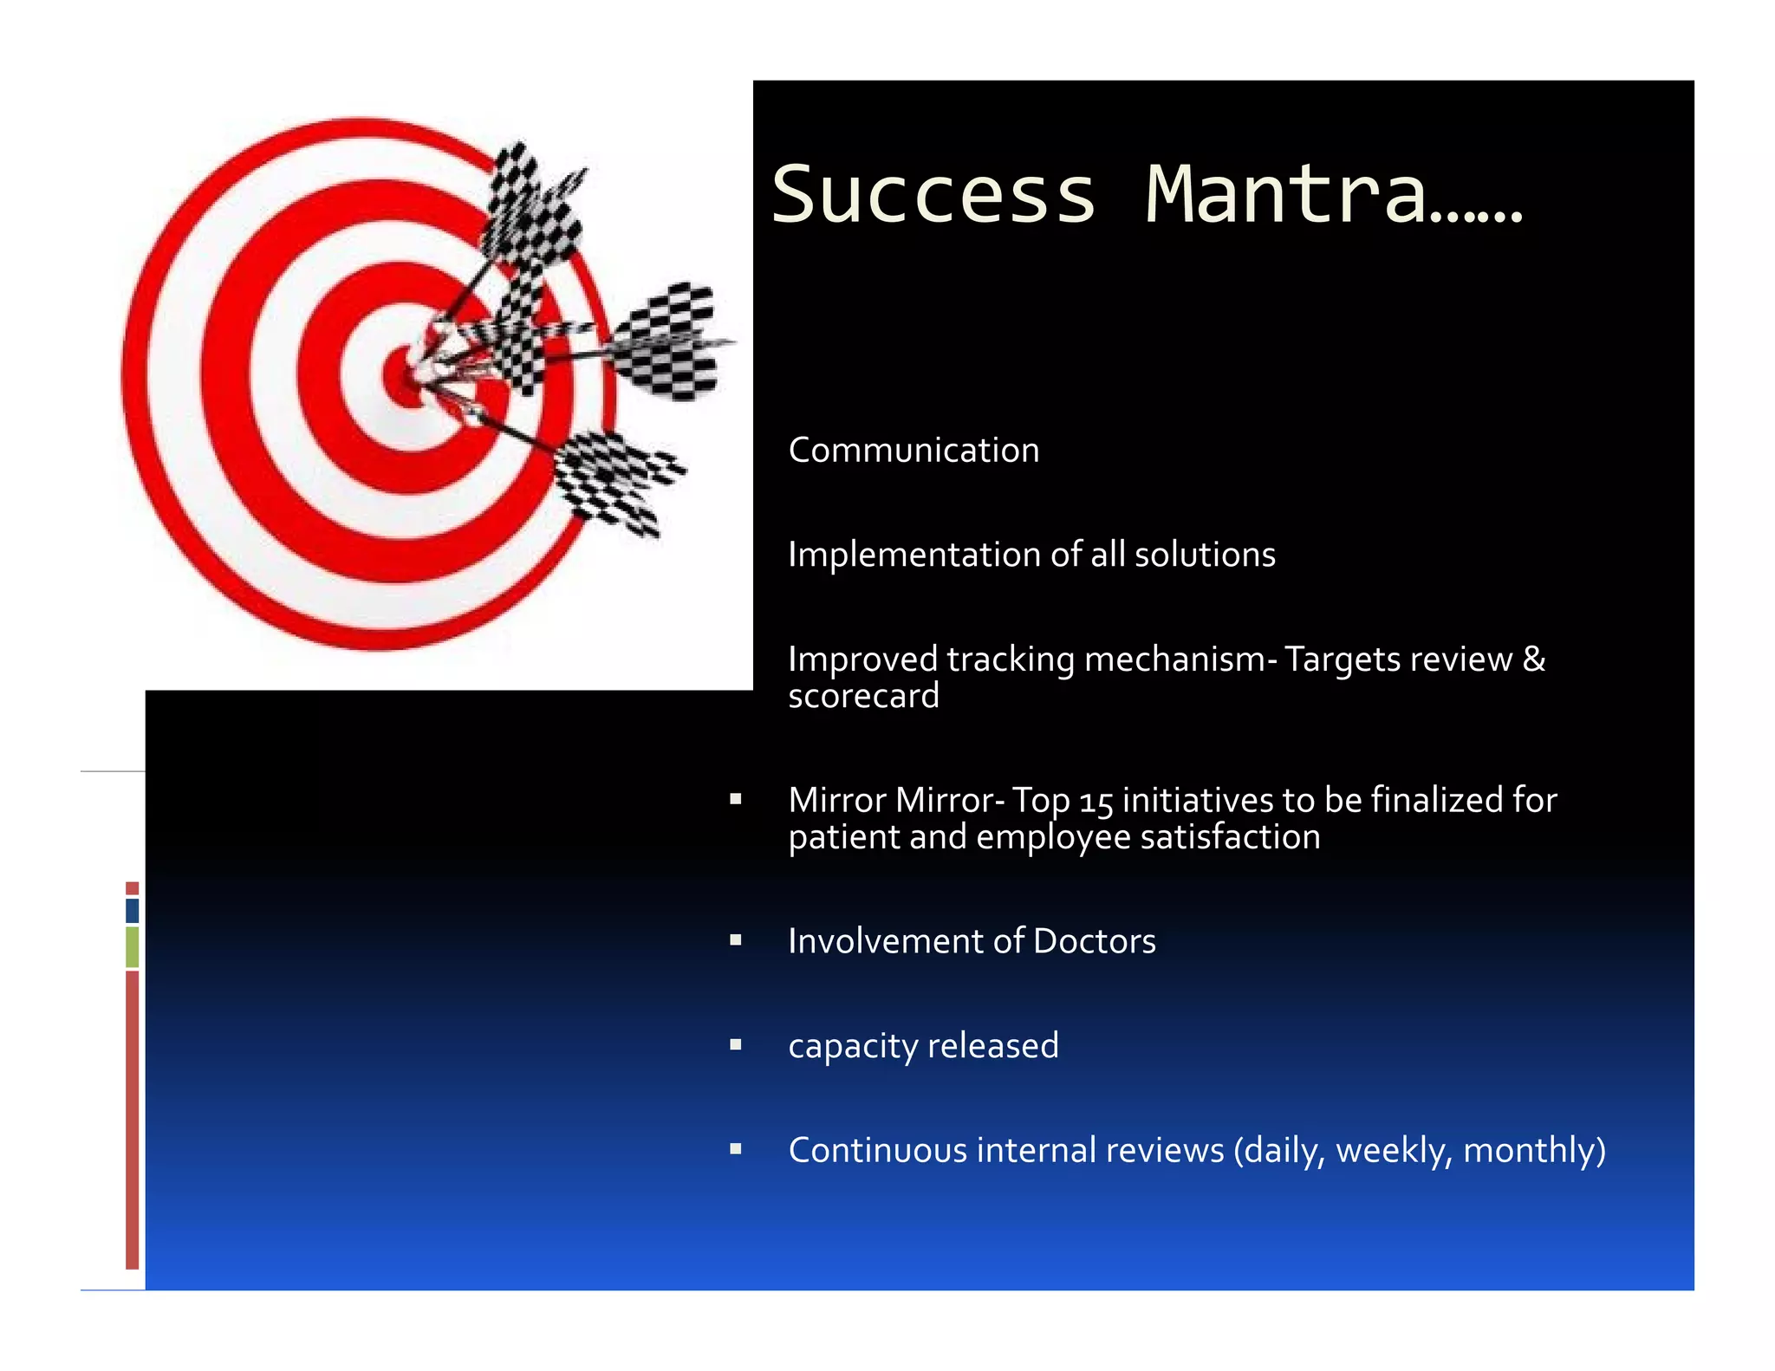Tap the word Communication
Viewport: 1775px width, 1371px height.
914,451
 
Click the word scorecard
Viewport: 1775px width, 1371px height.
863,697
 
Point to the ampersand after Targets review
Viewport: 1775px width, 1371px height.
1533,659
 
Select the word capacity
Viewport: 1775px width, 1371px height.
853,1047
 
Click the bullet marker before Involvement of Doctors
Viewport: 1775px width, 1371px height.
736,940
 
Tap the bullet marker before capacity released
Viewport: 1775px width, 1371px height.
736,1045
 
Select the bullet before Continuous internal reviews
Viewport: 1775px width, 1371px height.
736,1150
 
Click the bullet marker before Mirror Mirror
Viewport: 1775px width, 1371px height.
736,799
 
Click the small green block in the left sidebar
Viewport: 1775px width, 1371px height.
132,946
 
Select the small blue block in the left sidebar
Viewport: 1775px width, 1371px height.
132,910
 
